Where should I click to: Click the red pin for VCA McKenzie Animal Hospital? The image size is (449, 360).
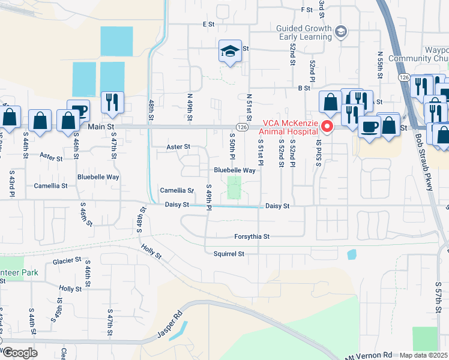(x=327, y=126)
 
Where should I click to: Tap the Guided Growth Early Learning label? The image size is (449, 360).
(x=304, y=32)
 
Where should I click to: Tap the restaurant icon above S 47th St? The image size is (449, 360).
(x=112, y=102)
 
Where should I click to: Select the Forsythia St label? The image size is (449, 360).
(x=252, y=236)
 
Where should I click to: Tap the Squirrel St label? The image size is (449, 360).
(x=229, y=254)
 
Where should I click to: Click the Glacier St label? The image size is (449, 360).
(x=67, y=260)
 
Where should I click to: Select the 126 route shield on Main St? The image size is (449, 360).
(x=241, y=127)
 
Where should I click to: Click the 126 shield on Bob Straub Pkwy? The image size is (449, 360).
(x=403, y=78)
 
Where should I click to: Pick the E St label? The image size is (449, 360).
(x=208, y=24)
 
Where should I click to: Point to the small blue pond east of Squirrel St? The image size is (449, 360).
(x=351, y=254)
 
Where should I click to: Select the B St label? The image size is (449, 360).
(x=304, y=88)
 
